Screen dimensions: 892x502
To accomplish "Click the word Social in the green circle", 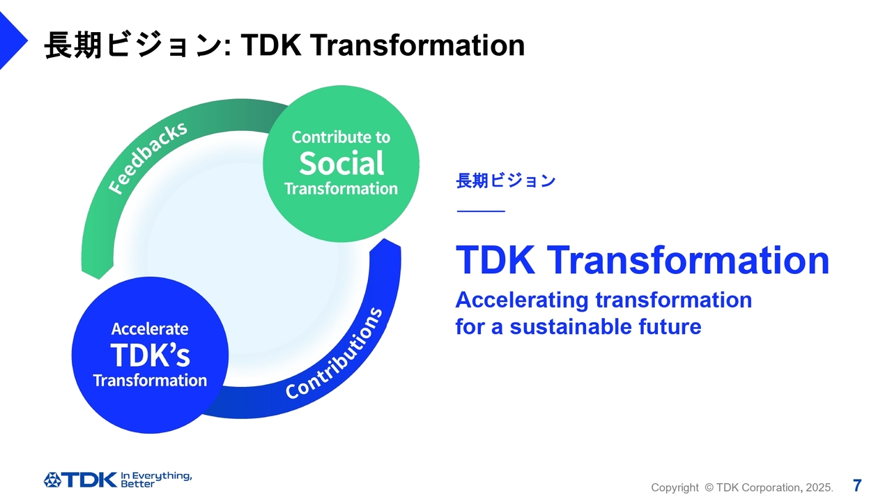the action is [341, 163].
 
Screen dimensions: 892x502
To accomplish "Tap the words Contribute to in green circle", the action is [341, 137].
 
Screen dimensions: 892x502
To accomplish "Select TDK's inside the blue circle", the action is [150, 355].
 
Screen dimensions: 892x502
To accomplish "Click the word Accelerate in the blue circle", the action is [150, 328].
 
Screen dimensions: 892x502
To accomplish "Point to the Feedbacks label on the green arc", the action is [148, 158].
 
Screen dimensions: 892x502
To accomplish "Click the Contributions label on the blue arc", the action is [334, 353].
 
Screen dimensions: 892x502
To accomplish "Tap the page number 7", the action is [857, 486].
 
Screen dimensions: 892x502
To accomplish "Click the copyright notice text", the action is [742, 487].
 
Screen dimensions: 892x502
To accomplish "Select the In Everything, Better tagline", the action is [156, 480].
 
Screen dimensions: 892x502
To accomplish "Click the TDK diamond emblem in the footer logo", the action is [52, 480].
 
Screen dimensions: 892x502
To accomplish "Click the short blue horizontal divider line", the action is [481, 211].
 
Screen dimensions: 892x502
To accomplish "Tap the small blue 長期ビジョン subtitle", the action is [505, 181].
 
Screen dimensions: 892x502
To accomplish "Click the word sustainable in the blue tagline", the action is [571, 327].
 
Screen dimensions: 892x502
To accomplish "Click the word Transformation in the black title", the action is [417, 45].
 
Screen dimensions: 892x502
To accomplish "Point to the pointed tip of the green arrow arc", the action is [98, 279].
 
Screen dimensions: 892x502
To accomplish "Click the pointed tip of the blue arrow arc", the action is [385, 239].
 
